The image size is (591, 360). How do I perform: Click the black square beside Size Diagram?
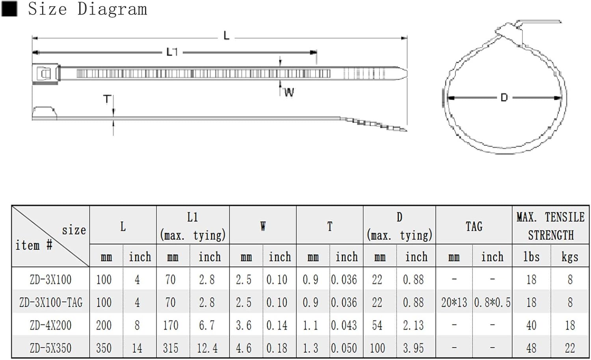pyautogui.click(x=9, y=9)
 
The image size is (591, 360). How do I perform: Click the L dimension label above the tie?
pyautogui.click(x=227, y=35)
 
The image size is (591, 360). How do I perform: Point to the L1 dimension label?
pyautogui.click(x=172, y=52)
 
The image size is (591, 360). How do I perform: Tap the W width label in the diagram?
pyautogui.click(x=289, y=92)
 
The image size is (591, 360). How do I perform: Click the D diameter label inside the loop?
pyautogui.click(x=504, y=98)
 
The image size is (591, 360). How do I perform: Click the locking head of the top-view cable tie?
pyautogui.click(x=45, y=74)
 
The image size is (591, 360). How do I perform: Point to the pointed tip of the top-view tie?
pyautogui.click(x=407, y=73)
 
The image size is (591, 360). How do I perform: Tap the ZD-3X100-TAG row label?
pyautogui.click(x=51, y=302)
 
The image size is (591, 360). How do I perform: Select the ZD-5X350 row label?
pyautogui.click(x=51, y=348)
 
